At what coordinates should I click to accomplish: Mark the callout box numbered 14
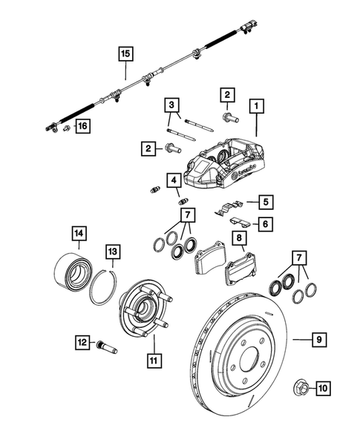(79, 233)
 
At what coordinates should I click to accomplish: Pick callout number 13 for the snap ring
(111, 252)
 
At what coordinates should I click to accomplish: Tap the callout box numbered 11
(154, 363)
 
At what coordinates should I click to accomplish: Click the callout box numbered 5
(264, 200)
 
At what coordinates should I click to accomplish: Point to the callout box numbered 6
(264, 223)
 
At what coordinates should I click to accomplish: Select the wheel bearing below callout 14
(72, 273)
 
